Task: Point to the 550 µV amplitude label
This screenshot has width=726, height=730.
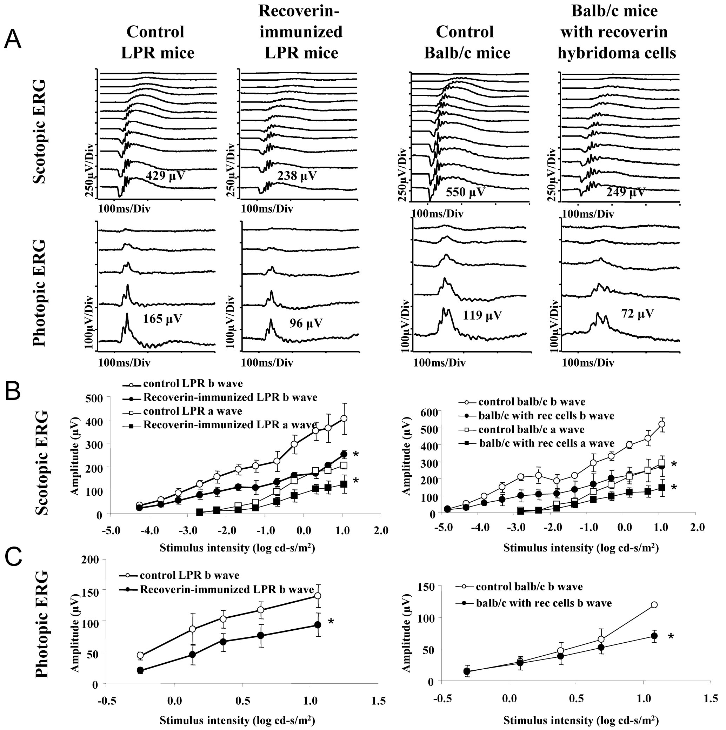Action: (x=465, y=192)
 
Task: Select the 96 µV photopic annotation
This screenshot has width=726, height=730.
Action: (x=306, y=323)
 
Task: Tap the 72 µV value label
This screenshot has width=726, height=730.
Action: (x=637, y=313)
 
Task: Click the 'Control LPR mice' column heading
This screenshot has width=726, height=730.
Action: (x=157, y=42)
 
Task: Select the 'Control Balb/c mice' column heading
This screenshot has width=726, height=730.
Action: (x=467, y=42)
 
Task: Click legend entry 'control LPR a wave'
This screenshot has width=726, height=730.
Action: (x=192, y=411)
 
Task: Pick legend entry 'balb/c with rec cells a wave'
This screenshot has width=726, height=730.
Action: (x=546, y=443)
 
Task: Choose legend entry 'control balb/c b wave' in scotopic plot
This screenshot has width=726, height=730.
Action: (x=531, y=402)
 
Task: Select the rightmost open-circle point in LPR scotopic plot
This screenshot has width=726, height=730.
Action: (x=344, y=418)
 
